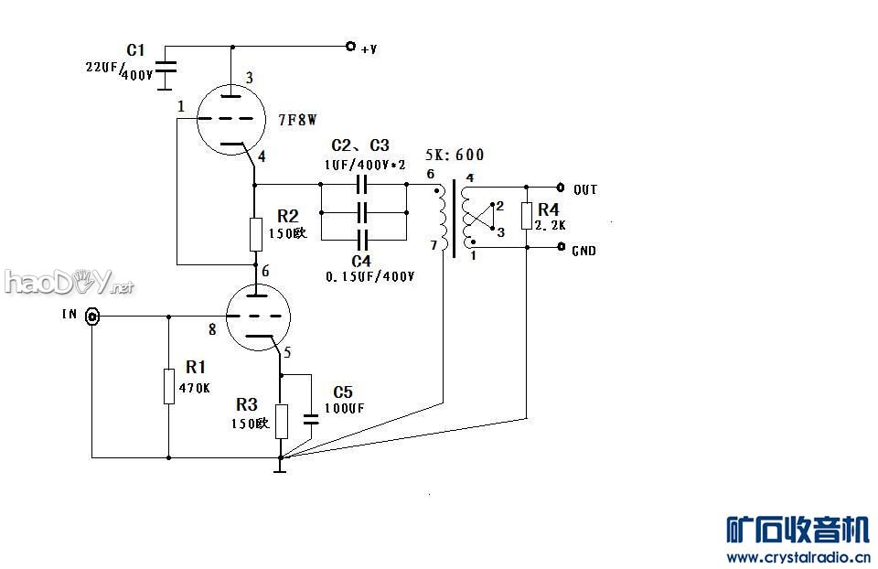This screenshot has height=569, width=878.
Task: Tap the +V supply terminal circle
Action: [349, 46]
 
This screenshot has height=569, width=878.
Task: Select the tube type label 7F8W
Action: [297, 120]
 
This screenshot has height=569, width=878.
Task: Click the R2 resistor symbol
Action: [256, 234]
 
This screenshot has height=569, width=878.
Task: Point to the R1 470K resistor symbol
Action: [169, 386]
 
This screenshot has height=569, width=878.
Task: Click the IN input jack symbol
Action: [92, 317]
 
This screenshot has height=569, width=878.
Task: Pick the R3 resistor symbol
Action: [281, 420]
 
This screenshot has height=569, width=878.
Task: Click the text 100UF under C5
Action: [343, 408]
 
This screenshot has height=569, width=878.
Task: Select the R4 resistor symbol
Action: [527, 216]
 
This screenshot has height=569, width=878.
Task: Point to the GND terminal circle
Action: [561, 247]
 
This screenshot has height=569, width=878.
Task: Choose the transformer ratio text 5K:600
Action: [455, 156]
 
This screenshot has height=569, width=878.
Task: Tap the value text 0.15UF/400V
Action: [370, 275]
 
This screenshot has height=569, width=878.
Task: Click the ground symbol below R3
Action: [281, 468]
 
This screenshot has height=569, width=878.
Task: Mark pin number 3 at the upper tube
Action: [249, 77]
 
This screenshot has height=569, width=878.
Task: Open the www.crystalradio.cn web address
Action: [798, 556]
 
